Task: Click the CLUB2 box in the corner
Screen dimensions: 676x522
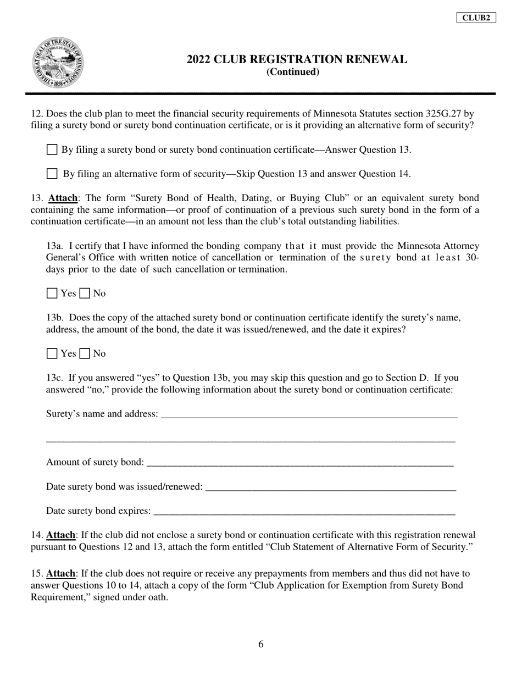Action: tap(476, 18)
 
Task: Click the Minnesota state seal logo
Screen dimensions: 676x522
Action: tap(58, 63)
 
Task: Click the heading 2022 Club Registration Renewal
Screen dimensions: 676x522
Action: tap(297, 59)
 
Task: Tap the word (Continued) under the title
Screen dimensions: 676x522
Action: tap(292, 72)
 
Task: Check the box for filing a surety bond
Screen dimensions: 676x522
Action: tap(52, 149)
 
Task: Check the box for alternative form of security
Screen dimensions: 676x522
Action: tap(52, 174)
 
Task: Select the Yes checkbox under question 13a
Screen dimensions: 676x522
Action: tap(52, 293)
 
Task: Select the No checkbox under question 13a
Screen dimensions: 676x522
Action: tap(85, 293)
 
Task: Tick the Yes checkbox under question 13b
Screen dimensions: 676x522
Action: tap(52, 353)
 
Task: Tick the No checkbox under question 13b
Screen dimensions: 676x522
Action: tap(85, 353)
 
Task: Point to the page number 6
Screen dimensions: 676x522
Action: tap(261, 645)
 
